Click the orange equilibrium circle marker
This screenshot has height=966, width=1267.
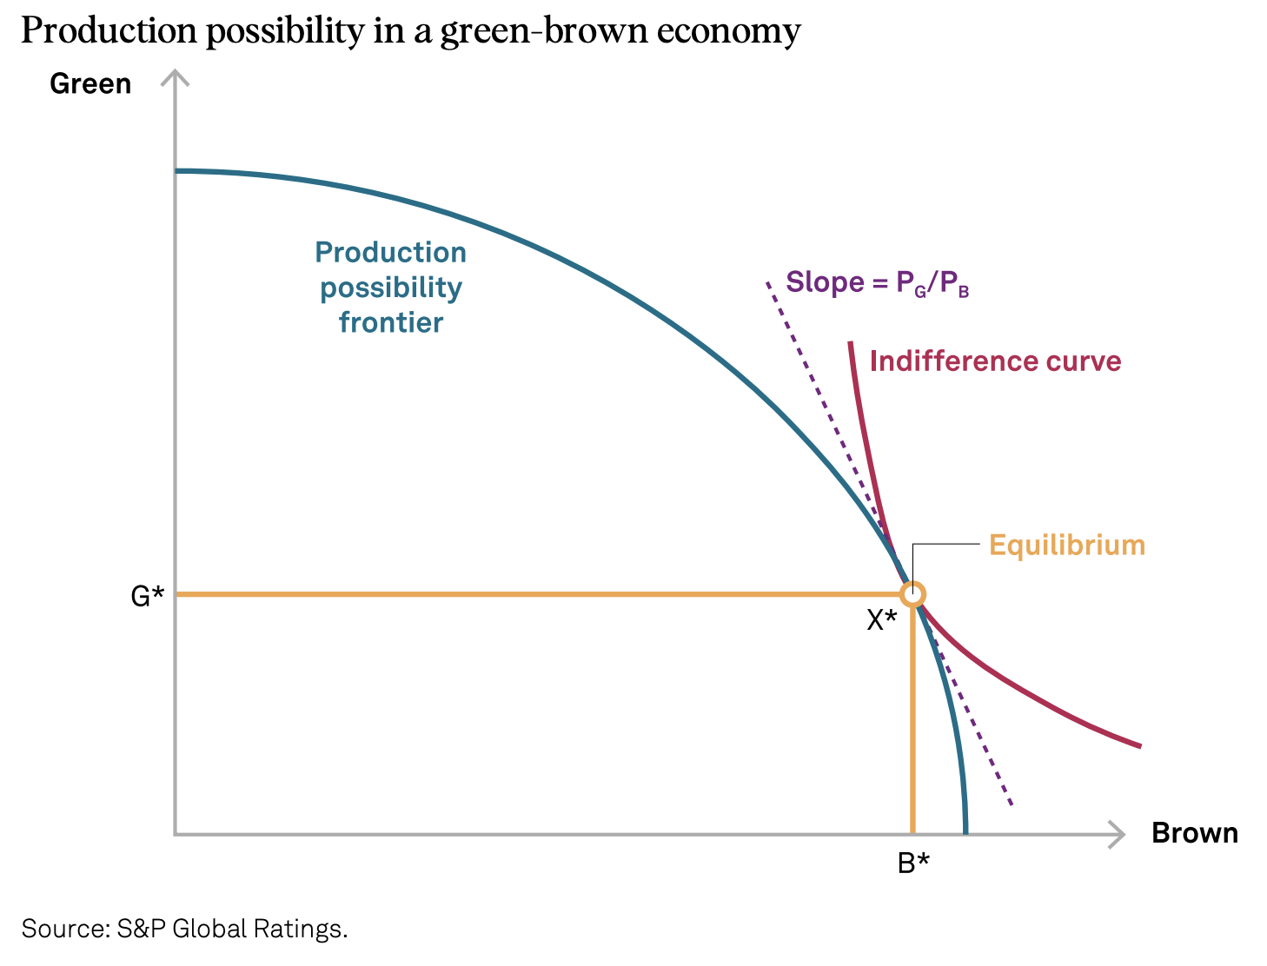coord(912,594)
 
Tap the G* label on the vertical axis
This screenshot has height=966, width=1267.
coord(147,596)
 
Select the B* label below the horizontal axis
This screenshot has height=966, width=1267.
coord(913,863)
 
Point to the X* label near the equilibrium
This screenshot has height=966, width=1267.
coord(881,620)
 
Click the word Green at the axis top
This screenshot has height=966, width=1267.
coord(90,83)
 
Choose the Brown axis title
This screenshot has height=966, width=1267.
coord(1194,833)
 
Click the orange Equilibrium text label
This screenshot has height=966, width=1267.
coord(1067,546)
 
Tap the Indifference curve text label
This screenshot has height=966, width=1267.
coord(995,361)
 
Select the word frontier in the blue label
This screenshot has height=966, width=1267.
coord(391,322)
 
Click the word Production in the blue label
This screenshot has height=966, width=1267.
coord(391,253)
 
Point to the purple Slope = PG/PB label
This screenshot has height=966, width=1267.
coord(877,283)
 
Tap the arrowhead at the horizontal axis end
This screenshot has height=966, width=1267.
coord(1118,835)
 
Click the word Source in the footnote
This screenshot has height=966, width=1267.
coord(63,929)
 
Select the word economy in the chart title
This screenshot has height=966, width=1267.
coord(728,31)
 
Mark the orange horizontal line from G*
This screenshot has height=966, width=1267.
coord(521,594)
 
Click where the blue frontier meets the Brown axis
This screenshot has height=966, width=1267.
coord(965,832)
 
